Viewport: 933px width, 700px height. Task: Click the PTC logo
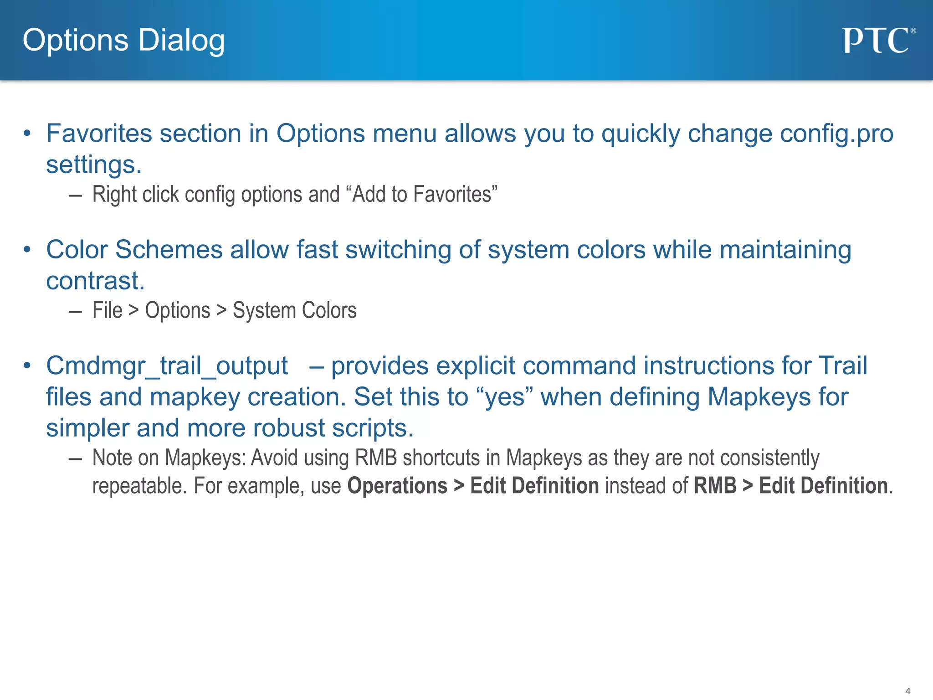click(877, 41)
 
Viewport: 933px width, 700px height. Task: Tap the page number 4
click(907, 691)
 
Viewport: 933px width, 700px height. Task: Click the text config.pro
click(836, 134)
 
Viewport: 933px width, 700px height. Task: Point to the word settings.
click(93, 165)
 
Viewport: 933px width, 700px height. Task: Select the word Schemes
click(169, 250)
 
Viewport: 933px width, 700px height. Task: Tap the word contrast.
click(95, 281)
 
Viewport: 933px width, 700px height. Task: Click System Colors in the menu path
click(294, 311)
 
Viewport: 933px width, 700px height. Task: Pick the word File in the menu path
click(108, 311)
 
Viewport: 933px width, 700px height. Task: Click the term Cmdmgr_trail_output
click(167, 366)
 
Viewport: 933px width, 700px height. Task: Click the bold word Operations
click(397, 486)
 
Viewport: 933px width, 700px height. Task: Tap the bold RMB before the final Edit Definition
click(715, 486)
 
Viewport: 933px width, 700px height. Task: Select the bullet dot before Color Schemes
click(27, 250)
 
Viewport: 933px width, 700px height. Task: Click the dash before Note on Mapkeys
click(75, 458)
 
